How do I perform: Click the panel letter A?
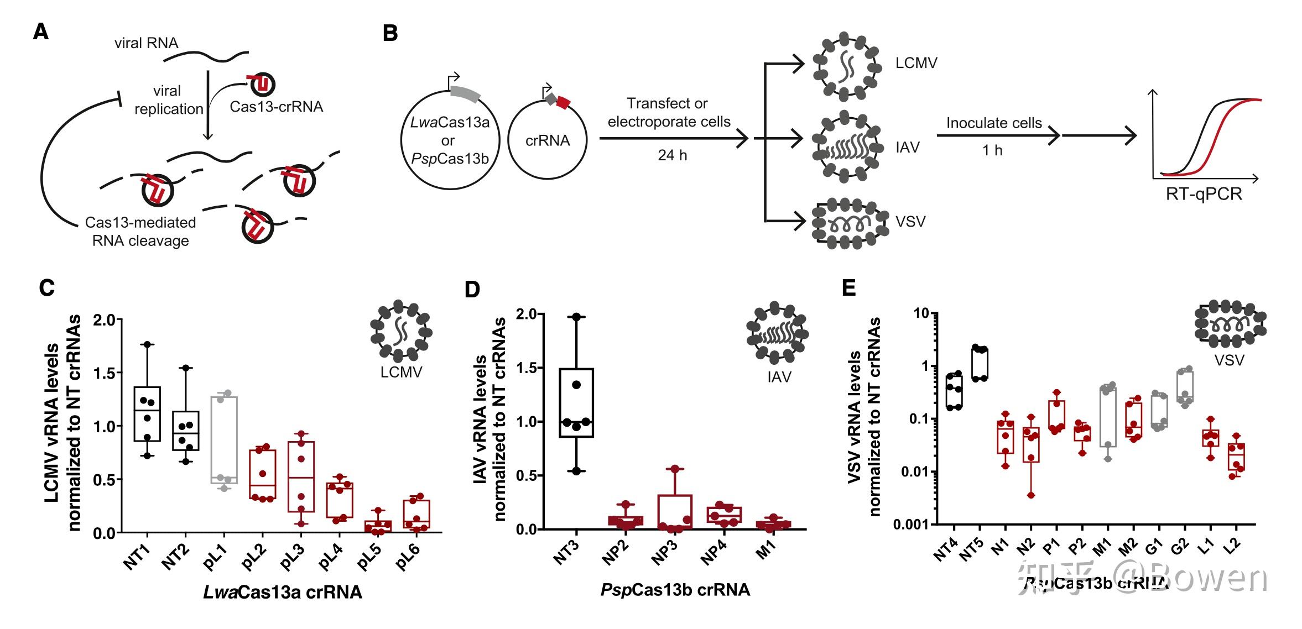coord(41,32)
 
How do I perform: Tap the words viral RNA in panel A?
coord(146,43)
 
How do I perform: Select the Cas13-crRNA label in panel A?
coord(276,107)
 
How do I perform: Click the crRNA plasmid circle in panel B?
coord(546,140)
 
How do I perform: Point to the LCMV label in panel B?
coord(916,63)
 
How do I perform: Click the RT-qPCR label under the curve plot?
coord(1204,195)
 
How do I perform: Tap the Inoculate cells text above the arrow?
coord(993,123)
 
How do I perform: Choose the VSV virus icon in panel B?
coord(844,222)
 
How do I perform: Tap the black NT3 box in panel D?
coord(576,402)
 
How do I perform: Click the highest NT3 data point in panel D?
coord(577,317)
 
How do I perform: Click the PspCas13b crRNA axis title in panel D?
coord(675,589)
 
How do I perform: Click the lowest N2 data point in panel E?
coord(1031,495)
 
